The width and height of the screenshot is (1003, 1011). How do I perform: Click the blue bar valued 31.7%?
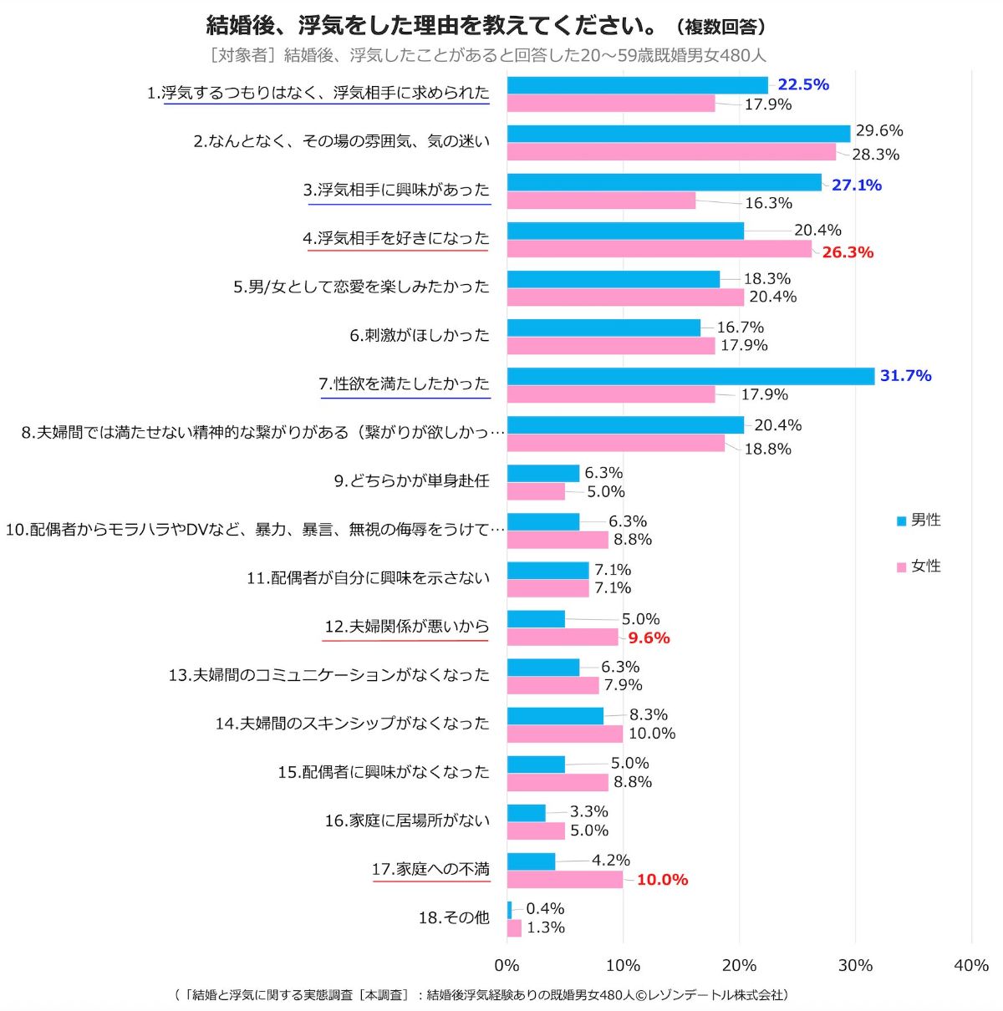point(690,376)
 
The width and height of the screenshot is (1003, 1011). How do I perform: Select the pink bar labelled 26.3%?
point(659,249)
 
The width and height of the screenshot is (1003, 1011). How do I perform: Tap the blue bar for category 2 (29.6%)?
point(678,134)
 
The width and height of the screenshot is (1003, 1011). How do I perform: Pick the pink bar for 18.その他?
point(514,928)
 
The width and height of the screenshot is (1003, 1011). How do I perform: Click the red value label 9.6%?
point(649,638)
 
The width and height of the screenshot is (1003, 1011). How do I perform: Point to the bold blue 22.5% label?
point(802,84)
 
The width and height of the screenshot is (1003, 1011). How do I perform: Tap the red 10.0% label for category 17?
point(662,880)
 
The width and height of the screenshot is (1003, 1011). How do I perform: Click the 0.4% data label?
point(545,909)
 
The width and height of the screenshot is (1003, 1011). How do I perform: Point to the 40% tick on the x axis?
point(970,966)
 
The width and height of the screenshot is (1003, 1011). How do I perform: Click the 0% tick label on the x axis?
point(507,966)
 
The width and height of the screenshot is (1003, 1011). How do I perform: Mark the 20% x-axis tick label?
point(739,966)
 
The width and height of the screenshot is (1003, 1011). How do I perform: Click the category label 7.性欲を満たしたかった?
point(404,384)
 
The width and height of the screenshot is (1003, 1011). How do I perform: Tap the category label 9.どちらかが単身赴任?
point(411,481)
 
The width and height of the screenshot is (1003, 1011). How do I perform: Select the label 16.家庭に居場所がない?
point(407,821)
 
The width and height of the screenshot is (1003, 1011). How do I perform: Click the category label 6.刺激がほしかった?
point(419,336)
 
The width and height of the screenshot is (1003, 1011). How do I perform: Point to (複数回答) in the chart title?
point(721,28)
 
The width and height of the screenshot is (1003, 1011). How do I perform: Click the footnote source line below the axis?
point(481,995)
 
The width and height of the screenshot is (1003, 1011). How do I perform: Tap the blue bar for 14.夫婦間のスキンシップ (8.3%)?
point(555,716)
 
